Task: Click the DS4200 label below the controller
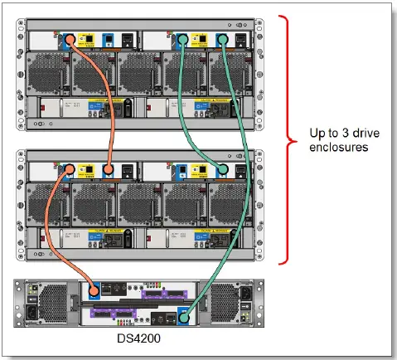point(145,339)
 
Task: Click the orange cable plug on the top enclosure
point(70,38)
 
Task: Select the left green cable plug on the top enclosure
point(182,38)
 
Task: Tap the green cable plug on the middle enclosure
point(221,170)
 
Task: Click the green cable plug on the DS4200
point(183,315)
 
